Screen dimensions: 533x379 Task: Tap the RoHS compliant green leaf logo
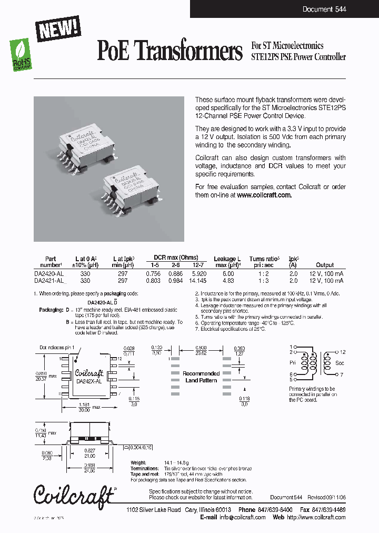coord(20,53)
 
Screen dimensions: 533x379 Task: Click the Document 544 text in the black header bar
coord(324,9)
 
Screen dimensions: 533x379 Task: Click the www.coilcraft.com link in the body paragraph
coord(264,195)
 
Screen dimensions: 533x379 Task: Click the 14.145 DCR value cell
coord(198,281)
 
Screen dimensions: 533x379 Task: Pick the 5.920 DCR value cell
coord(198,274)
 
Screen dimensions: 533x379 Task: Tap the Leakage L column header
coord(227,259)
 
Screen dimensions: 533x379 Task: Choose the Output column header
coord(325,265)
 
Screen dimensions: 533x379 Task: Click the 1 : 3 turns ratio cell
coord(256,281)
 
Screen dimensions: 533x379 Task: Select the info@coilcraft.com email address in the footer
coord(243,517)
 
